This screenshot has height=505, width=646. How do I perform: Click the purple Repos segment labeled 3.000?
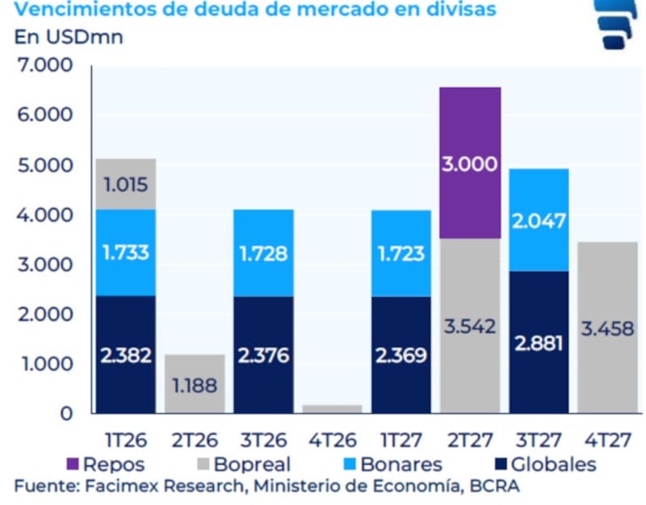470,163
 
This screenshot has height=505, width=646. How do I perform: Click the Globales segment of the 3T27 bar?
539,342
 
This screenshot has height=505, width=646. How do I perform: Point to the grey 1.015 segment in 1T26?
125,184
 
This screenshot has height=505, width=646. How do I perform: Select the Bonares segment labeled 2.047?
539,220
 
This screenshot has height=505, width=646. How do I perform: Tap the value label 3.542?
469,328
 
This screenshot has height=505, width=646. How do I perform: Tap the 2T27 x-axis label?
470,440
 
